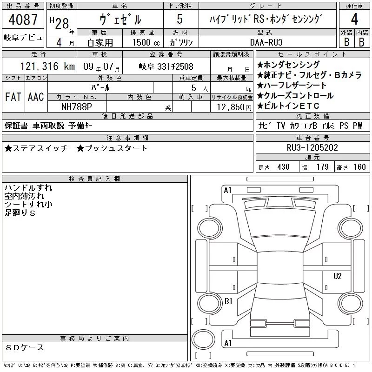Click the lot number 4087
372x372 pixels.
[x=23, y=20]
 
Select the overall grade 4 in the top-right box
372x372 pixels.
[x=354, y=19]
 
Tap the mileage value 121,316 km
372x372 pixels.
[x=48, y=66]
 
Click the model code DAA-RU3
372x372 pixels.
[x=266, y=42]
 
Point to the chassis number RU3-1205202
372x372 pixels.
[x=312, y=147]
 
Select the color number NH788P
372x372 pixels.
[x=77, y=107]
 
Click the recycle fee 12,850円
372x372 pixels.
[x=234, y=107]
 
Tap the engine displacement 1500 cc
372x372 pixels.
[x=146, y=42]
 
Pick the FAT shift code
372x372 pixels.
[x=13, y=97]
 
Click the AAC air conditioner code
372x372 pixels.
[x=36, y=97]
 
